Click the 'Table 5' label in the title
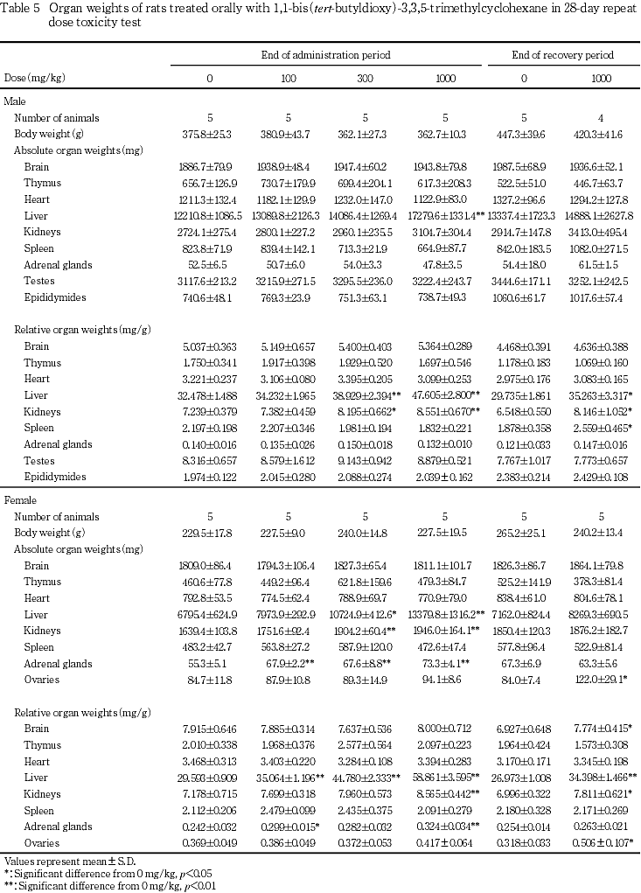click(x=21, y=7)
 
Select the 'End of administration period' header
click(x=324, y=55)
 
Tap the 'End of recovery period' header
click(x=562, y=55)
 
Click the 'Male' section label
click(x=15, y=102)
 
